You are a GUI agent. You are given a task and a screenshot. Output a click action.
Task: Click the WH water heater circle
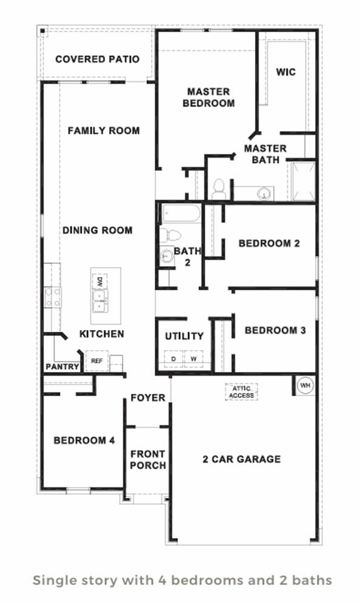[305, 385]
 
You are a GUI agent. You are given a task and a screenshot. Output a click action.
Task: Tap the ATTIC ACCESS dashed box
[242, 392]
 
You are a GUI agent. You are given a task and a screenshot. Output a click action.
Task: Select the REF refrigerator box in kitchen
[97, 361]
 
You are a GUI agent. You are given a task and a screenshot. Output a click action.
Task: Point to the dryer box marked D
[174, 359]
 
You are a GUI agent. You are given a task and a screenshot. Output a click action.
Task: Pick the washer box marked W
[194, 359]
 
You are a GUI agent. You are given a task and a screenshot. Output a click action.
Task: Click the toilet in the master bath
[219, 189]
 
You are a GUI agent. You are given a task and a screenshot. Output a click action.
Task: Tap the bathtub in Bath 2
[182, 213]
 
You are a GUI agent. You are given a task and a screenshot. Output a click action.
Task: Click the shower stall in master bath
[304, 181]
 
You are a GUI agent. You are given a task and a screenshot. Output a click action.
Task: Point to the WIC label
[286, 72]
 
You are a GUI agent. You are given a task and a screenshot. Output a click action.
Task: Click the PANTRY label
[63, 366]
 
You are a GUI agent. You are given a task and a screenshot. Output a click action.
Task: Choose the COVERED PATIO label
[97, 59]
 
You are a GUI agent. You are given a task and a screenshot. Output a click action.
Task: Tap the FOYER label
[148, 397]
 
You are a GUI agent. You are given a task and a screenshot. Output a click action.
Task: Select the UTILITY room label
[185, 336]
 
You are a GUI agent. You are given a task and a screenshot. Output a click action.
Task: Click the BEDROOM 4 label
[84, 440]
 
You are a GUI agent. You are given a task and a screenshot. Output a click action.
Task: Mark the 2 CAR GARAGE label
[242, 459]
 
